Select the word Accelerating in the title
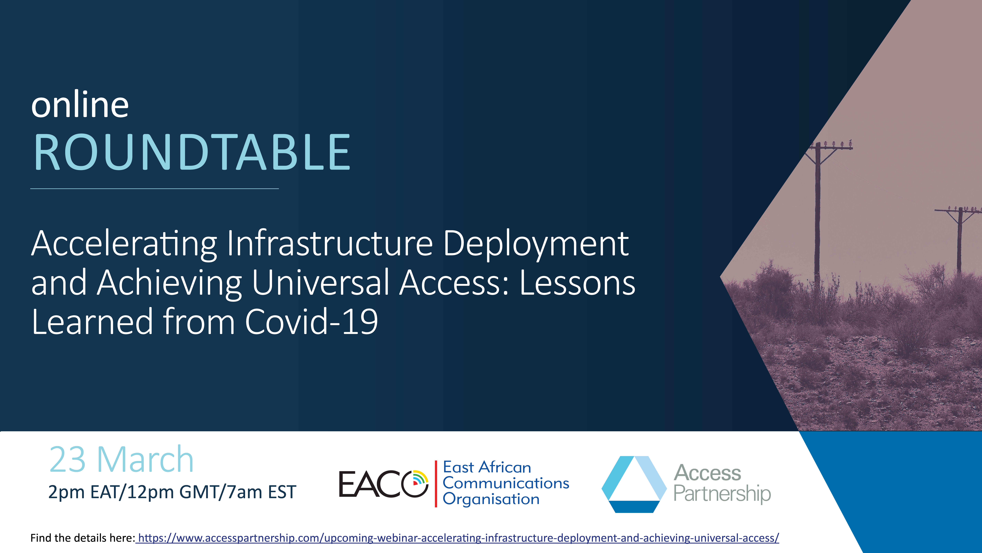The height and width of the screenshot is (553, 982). [x=124, y=244]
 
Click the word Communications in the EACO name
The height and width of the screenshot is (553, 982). [x=506, y=483]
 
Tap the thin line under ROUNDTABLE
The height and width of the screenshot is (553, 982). [x=154, y=189]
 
